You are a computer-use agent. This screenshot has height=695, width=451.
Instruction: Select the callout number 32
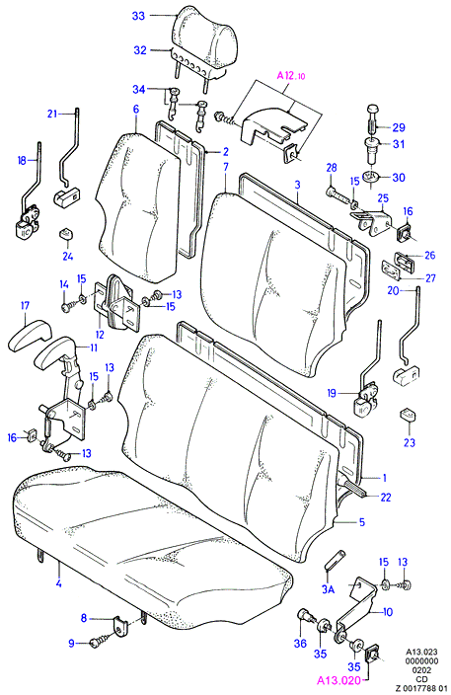pyautogui.click(x=140, y=50)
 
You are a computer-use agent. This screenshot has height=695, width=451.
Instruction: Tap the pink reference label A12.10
pyautogui.click(x=291, y=76)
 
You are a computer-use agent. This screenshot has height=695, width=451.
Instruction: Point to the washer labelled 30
pyautogui.click(x=371, y=177)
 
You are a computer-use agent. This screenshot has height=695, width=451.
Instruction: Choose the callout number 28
pyautogui.click(x=332, y=168)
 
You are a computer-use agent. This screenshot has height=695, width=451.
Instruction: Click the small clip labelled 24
pyautogui.click(x=66, y=234)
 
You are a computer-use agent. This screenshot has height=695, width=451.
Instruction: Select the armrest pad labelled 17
pyautogui.click(x=29, y=339)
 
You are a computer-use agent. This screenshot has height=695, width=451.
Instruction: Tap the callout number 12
pyautogui.click(x=100, y=335)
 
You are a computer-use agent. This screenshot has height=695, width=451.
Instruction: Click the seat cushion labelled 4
pyautogui.click(x=151, y=545)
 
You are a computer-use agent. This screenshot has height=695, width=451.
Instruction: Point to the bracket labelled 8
pyautogui.click(x=120, y=624)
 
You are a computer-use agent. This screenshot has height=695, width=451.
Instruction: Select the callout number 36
pyautogui.click(x=300, y=643)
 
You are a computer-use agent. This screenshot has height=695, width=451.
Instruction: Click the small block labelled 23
pyautogui.click(x=409, y=416)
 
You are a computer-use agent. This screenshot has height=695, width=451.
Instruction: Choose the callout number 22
pyautogui.click(x=386, y=498)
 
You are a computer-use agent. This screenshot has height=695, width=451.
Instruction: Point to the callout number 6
pyautogui.click(x=136, y=109)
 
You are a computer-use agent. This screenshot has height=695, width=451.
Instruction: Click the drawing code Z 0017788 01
pyautogui.click(x=420, y=688)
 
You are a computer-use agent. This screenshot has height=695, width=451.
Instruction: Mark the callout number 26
pyautogui.click(x=429, y=255)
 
